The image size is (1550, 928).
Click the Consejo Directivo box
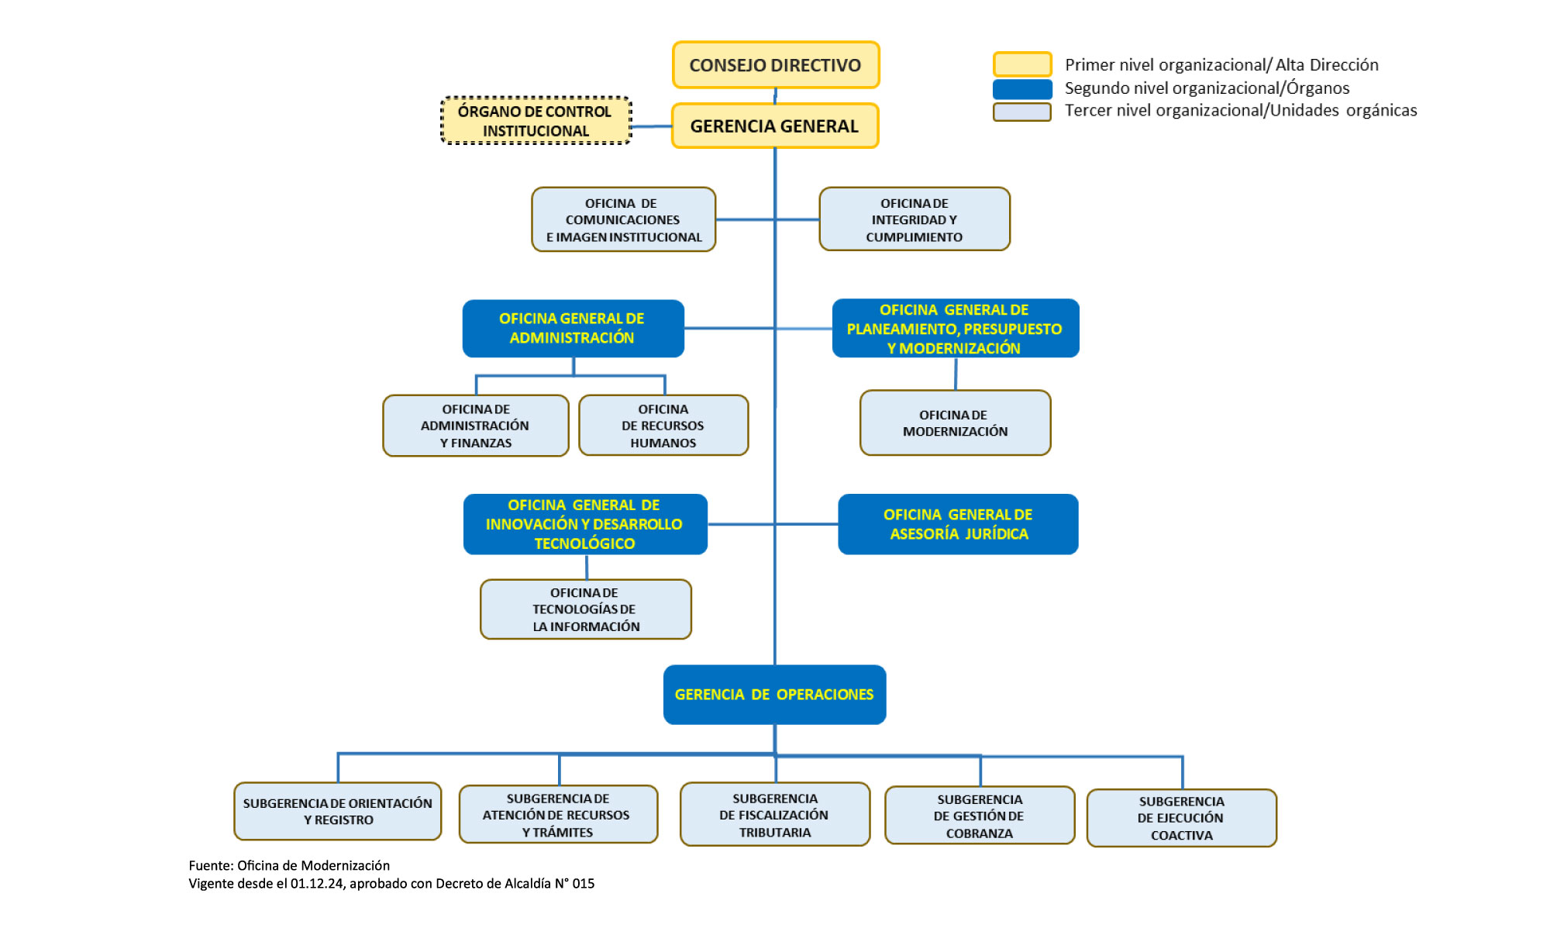pyautogui.click(x=776, y=65)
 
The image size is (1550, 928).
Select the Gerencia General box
pyautogui.click(x=775, y=126)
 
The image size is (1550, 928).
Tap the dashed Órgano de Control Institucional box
pyautogui.click(x=536, y=121)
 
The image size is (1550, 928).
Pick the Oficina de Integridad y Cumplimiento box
pyautogui.click(x=914, y=219)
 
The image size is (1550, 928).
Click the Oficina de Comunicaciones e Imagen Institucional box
pyautogui.click(x=623, y=219)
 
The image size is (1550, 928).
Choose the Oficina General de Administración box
pyautogui.click(x=573, y=329)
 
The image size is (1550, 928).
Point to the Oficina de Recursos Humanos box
pyautogui.click(x=663, y=426)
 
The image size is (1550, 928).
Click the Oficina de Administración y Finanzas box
pyautogui.click(x=476, y=426)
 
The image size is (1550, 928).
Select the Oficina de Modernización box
pyautogui.click(x=955, y=423)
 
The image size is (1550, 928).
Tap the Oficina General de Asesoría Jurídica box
pyautogui.click(x=958, y=524)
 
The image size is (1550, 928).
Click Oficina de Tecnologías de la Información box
pyautogui.click(x=586, y=609)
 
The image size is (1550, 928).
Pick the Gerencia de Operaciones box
pyautogui.click(x=774, y=695)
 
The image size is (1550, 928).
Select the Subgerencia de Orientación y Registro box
pyautogui.click(x=338, y=812)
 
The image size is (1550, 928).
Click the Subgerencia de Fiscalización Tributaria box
pyautogui.click(x=775, y=815)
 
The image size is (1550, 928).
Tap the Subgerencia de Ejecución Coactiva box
pyautogui.click(x=1182, y=818)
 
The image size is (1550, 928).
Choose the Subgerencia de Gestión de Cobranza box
pyautogui.click(x=980, y=816)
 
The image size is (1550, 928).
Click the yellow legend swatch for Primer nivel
pyautogui.click(x=1022, y=64)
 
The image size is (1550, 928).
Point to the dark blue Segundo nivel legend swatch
pyautogui.click(x=1022, y=89)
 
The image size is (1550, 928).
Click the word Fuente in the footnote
pyautogui.click(x=210, y=865)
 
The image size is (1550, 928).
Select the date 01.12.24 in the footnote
pyautogui.click(x=317, y=883)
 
